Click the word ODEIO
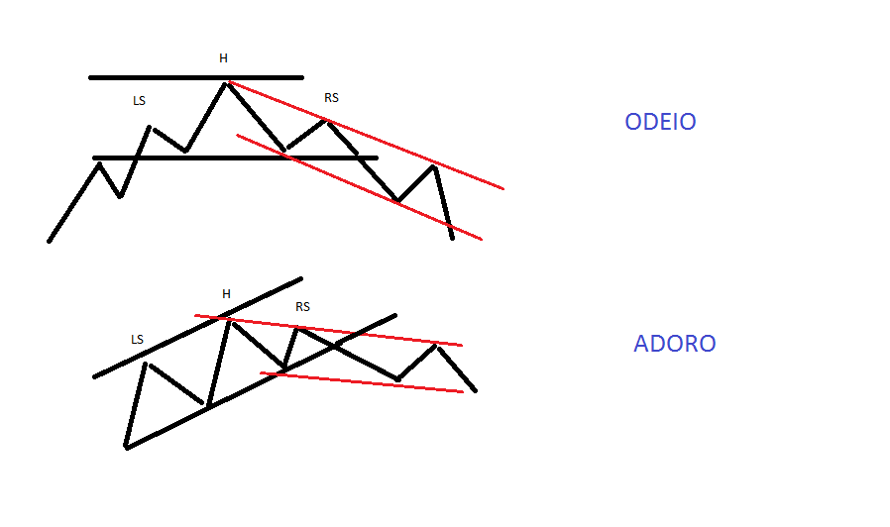[660, 122]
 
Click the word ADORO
[674, 344]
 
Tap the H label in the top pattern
[223, 58]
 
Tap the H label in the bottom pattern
[226, 293]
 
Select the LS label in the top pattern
[139, 101]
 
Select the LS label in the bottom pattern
[137, 339]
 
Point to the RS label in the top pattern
[331, 97]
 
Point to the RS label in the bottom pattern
[302, 307]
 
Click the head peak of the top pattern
[227, 83]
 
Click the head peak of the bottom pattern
[228, 319]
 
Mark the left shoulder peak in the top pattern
[151, 127]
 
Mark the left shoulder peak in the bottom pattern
[146, 364]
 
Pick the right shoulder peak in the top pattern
[327, 121]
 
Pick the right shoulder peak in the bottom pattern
[298, 329]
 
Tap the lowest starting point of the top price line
[49, 241]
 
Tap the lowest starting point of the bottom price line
[126, 448]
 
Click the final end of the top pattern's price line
[452, 238]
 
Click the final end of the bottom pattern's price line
[476, 390]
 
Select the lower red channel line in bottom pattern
[362, 382]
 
